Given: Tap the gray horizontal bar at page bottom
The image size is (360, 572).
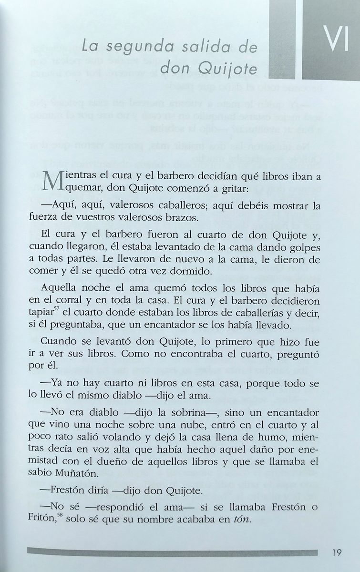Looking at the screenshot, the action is point(172,552).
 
